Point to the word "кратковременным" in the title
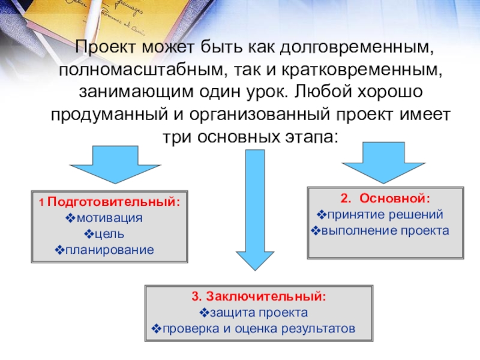click(x=362, y=70)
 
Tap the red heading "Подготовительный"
click(x=113, y=202)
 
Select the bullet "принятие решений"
click(x=385, y=214)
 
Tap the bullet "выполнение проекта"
click(x=384, y=230)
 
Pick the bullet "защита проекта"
click(x=259, y=312)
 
